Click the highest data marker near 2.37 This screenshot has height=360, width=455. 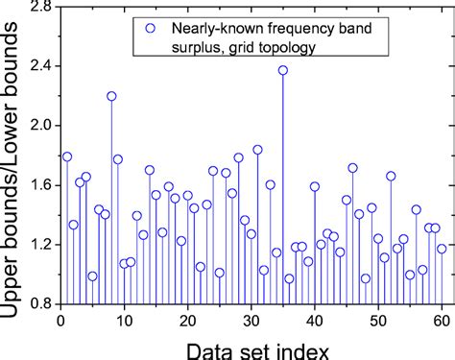pos(283,70)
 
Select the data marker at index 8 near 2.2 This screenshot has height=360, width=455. pos(111,96)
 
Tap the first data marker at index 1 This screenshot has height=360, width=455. pos(67,156)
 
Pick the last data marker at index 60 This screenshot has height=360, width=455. pos(442,249)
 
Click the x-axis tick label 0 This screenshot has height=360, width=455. pos(60,321)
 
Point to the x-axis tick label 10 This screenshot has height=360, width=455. pos(124,321)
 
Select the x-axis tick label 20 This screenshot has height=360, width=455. pos(187,321)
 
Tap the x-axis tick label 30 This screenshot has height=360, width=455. pos(251,321)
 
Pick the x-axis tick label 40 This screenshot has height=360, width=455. pos(314,321)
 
